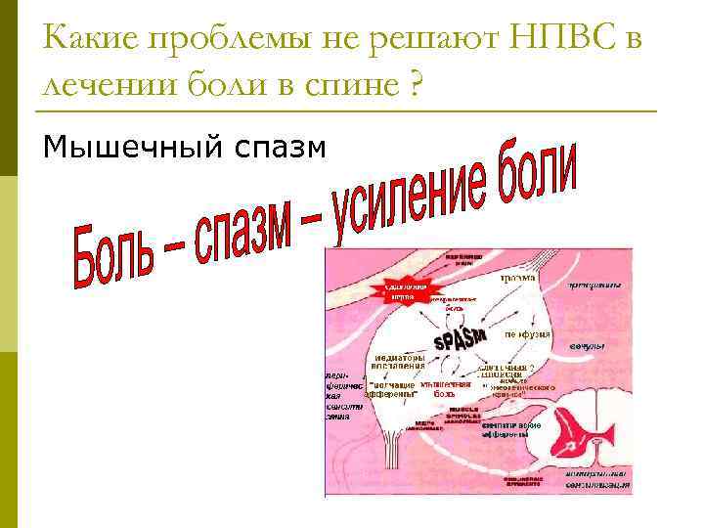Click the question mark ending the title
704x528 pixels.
pos(417,87)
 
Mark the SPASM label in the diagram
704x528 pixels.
pos(461,337)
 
